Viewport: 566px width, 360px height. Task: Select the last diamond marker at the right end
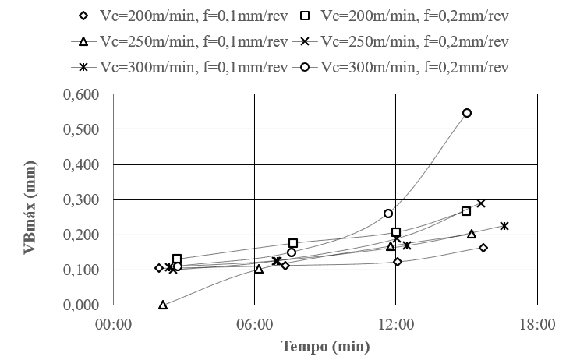pos(483,248)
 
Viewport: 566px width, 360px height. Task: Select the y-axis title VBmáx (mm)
pos(31,199)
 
